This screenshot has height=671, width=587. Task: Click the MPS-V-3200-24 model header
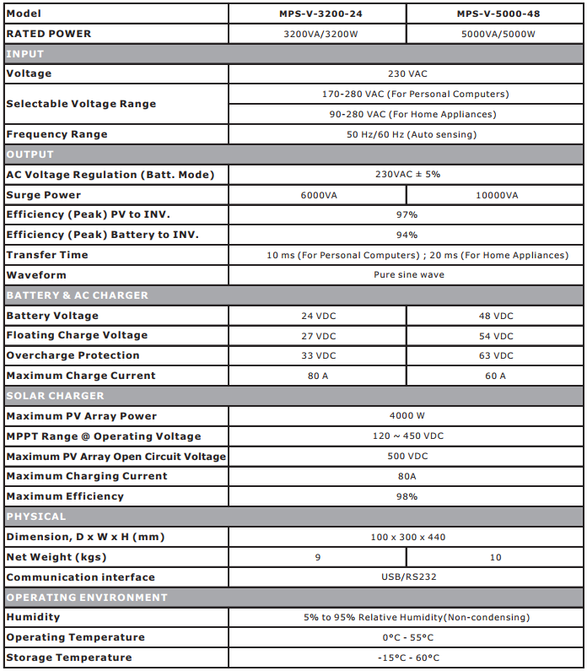pos(318,14)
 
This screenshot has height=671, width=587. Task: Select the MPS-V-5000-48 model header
pos(495,14)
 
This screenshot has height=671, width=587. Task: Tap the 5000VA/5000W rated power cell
pos(495,35)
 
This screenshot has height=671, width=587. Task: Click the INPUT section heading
pos(25,54)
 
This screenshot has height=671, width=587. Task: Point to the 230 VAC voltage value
pos(407,74)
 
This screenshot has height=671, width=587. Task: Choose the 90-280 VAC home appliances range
pos(407,114)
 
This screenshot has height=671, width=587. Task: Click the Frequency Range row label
pos(57,134)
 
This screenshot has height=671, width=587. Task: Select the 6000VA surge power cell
pos(318,195)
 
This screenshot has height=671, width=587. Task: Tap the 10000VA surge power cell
pos(495,195)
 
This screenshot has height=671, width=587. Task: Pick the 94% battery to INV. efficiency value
pos(407,235)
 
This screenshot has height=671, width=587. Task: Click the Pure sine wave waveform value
pos(407,275)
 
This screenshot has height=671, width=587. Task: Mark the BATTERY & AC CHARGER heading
pos(77,295)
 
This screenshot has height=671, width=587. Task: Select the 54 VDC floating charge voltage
pos(495,336)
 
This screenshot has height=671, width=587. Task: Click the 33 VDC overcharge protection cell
pos(318,356)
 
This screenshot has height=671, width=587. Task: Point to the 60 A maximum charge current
pos(495,376)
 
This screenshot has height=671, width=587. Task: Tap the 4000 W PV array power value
pos(407,416)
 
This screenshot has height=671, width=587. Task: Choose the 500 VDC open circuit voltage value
pos(407,457)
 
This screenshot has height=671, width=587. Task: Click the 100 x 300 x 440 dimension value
pos(407,538)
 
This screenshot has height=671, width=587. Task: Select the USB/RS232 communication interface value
pos(407,577)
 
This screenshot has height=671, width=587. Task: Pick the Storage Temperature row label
pos(69,657)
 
